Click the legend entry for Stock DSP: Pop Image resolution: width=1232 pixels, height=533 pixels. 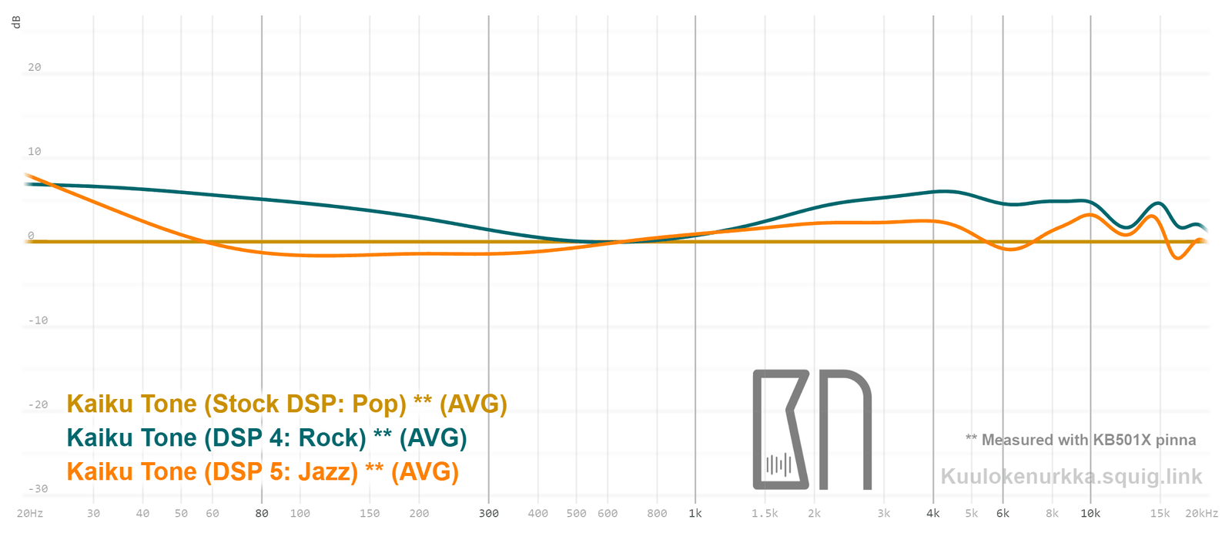(286, 404)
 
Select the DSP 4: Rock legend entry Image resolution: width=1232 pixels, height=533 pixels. (266, 437)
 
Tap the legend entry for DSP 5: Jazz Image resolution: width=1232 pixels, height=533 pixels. (263, 471)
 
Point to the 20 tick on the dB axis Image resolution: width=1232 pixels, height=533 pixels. (35, 67)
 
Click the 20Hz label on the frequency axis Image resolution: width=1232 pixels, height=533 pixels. (30, 513)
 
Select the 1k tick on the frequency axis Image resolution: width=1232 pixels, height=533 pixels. (695, 513)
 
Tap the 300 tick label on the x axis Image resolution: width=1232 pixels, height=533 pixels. (489, 513)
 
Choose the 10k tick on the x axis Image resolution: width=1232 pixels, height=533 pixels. (1090, 513)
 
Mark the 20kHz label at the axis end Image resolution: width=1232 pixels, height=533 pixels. (1201, 513)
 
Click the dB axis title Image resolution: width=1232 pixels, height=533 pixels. (16, 22)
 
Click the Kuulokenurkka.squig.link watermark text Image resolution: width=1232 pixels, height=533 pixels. (1071, 476)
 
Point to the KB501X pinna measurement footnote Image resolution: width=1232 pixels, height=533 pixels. (1080, 440)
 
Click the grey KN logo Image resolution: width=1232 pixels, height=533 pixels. (812, 429)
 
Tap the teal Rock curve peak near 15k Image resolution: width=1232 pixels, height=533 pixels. (1158, 203)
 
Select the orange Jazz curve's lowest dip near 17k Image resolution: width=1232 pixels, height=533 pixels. (1177, 258)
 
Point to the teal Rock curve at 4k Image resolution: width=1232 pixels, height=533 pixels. (933, 192)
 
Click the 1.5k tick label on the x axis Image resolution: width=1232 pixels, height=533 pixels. (765, 513)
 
